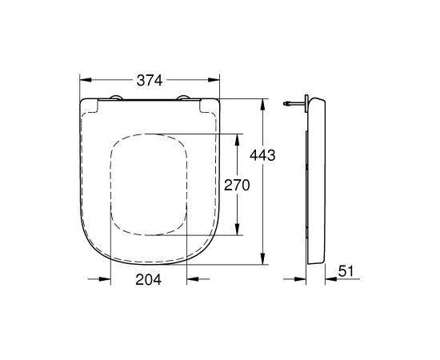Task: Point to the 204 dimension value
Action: (x=148, y=279)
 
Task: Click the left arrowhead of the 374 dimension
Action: (x=85, y=81)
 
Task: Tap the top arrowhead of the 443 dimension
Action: (x=263, y=102)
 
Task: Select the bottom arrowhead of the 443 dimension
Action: (x=263, y=261)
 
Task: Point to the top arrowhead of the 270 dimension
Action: (x=238, y=137)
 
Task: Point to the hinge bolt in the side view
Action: (x=294, y=103)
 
